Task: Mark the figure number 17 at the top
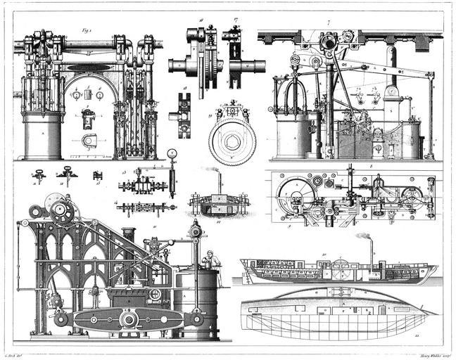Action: [236, 22]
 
